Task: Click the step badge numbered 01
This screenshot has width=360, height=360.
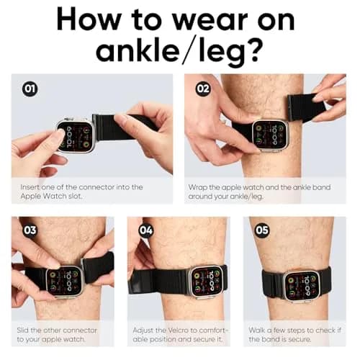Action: [x=30, y=89]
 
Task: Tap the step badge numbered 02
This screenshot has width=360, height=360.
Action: [x=203, y=89]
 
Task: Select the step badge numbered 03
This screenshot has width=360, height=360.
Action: [x=30, y=230]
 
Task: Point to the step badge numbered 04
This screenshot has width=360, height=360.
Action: [x=146, y=230]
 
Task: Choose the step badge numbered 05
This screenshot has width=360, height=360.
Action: [x=262, y=230]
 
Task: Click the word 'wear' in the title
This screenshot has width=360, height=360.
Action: [x=210, y=20]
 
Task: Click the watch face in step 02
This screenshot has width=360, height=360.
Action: [x=270, y=135]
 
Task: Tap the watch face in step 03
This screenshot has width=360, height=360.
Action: [x=63, y=282]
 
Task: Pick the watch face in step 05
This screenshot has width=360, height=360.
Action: [x=302, y=286]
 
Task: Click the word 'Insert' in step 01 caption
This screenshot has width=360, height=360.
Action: [x=30, y=187]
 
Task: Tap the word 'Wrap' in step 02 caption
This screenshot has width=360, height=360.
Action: [x=197, y=188]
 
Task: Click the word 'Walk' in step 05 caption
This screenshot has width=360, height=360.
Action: [x=256, y=330]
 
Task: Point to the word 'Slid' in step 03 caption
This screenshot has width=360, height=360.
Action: [x=22, y=330]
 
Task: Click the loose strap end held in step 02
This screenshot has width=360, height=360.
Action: [x=305, y=108]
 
